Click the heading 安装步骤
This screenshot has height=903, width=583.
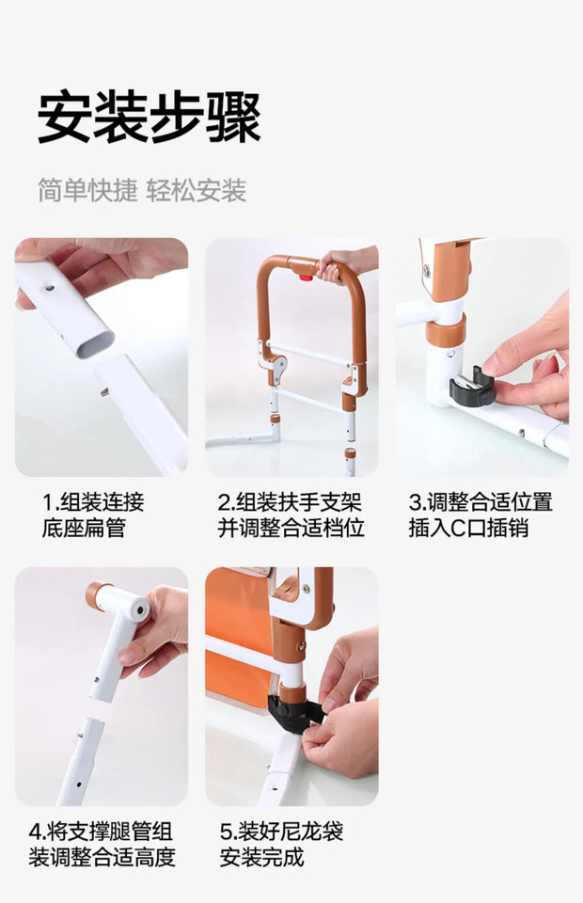pos(149,117)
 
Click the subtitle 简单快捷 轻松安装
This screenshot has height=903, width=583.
pos(142,191)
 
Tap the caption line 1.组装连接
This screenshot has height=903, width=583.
pos(93,502)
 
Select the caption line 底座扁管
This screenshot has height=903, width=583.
pos(84,528)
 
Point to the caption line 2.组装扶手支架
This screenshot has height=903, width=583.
pos(290,502)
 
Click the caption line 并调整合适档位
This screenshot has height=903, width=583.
pos(291,528)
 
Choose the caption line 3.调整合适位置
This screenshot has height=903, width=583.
pos(480,502)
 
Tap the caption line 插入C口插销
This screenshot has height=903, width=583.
pos(468,528)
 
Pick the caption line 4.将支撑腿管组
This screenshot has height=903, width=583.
pos(101,832)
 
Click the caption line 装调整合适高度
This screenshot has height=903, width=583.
pos(102,857)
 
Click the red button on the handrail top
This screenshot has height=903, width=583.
pos(302,272)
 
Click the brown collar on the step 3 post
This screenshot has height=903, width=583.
pos(446,330)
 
